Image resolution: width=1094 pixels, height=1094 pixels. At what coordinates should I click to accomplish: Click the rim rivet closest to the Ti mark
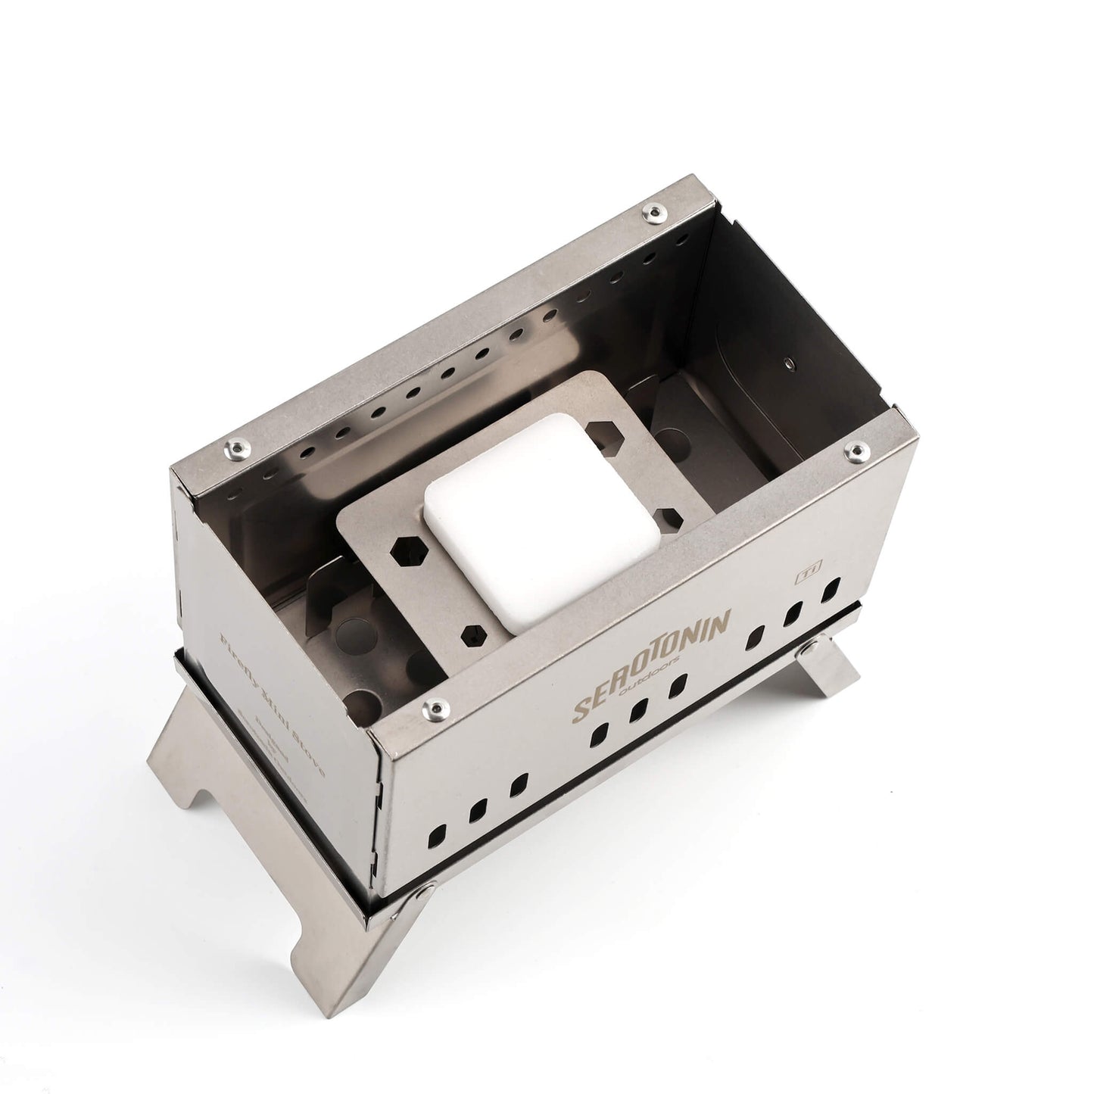pos(856,452)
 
